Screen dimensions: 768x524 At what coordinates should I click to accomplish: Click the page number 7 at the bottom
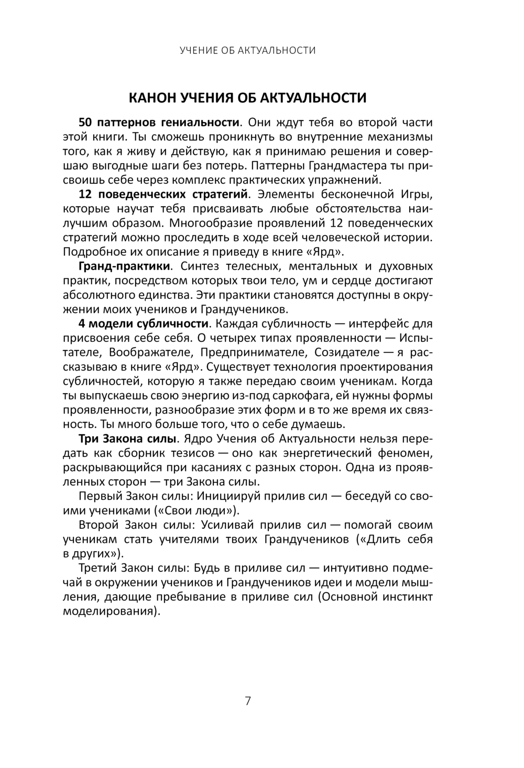point(248,700)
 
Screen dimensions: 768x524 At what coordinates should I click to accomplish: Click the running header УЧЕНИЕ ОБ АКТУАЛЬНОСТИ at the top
point(247,51)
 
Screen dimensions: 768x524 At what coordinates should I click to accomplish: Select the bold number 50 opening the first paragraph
point(85,123)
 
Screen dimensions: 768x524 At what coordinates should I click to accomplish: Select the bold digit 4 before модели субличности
point(82,324)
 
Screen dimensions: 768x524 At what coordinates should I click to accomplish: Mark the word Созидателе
point(345,352)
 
